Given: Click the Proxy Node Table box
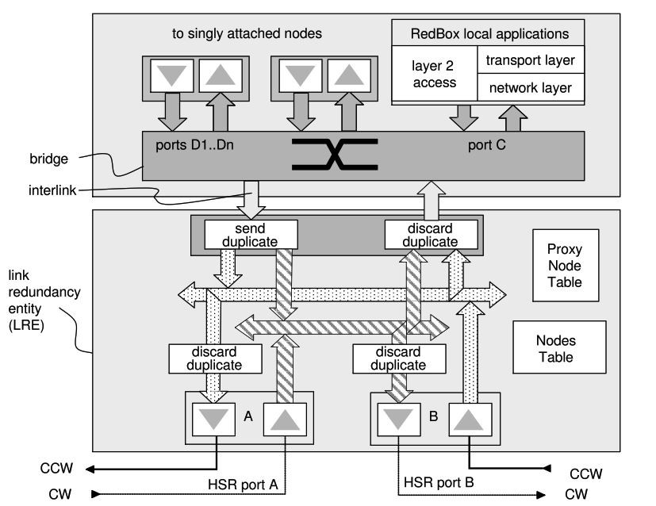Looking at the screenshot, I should point(565,271).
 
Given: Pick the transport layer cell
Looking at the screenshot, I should point(530,59).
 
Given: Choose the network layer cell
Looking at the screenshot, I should point(530,87).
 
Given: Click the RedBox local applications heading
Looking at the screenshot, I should point(489,34).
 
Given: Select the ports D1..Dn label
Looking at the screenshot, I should point(186,145).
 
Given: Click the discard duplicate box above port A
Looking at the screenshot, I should point(216,359).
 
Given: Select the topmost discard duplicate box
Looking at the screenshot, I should point(432,234).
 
